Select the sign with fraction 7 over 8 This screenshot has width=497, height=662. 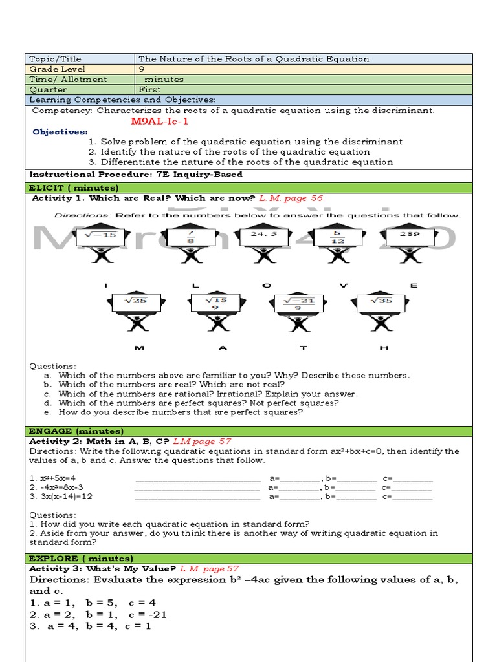[190, 237]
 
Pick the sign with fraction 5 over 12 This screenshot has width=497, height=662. [337, 237]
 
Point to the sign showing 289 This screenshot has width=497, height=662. [409, 234]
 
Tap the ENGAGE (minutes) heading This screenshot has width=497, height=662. [76, 431]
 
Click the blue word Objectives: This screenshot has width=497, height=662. [60, 132]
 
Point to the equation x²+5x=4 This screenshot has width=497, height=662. [52, 478]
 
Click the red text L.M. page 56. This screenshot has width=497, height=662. [292, 198]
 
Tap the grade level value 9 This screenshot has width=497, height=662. [142, 69]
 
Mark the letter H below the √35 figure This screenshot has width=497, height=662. [384, 348]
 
